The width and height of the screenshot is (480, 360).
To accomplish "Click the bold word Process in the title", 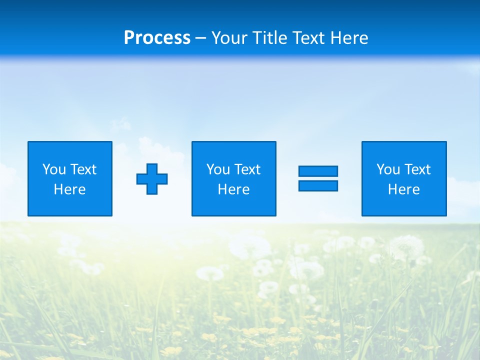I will click(157, 38).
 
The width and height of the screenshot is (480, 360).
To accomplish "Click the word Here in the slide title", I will click(350, 38).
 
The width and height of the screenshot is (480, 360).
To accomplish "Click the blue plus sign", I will click(152, 178).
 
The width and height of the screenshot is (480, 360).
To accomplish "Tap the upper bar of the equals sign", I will click(318, 171).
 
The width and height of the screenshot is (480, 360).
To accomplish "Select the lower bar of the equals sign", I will click(318, 185).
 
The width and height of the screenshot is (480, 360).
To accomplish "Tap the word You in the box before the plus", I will click(54, 169).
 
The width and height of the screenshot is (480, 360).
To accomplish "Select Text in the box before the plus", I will click(83, 169).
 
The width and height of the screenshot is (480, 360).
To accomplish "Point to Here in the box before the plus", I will click(70, 189).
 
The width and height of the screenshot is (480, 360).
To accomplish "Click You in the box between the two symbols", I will click(218, 169).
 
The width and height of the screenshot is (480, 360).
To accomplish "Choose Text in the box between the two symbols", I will click(247, 169).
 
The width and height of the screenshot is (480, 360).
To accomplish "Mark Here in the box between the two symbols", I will click(234, 189).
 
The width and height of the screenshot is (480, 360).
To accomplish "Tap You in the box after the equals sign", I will click(388, 169).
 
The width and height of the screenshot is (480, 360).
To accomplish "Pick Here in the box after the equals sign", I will click(404, 189).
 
